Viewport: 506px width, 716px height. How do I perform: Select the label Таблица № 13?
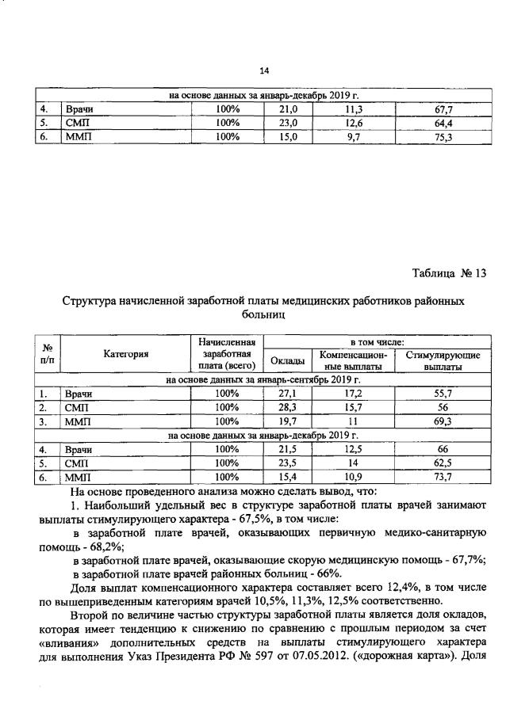[x=448, y=273]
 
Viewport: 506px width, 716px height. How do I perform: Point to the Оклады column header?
[x=287, y=361]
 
